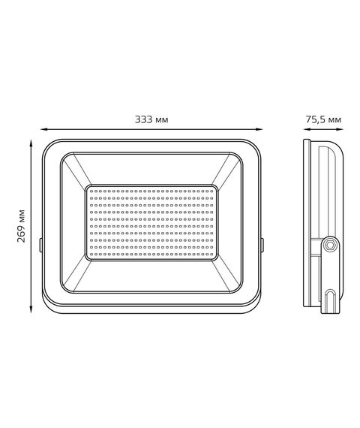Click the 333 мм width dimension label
(x=151, y=119)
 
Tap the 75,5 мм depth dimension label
(x=323, y=119)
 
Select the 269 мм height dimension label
(x=21, y=226)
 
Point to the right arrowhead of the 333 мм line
(x=259, y=129)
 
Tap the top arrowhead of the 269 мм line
(x=31, y=143)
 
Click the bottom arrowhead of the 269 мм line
(x=31, y=309)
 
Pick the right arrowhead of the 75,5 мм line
(x=340, y=129)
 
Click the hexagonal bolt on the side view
(x=330, y=245)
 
